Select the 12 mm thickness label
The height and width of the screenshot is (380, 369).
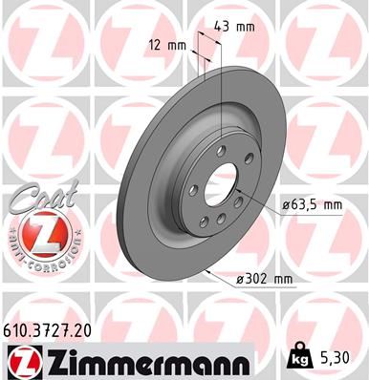tap(168, 44)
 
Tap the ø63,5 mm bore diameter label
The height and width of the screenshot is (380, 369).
tap(314, 203)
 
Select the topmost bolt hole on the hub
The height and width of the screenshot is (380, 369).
tap(221, 149)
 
